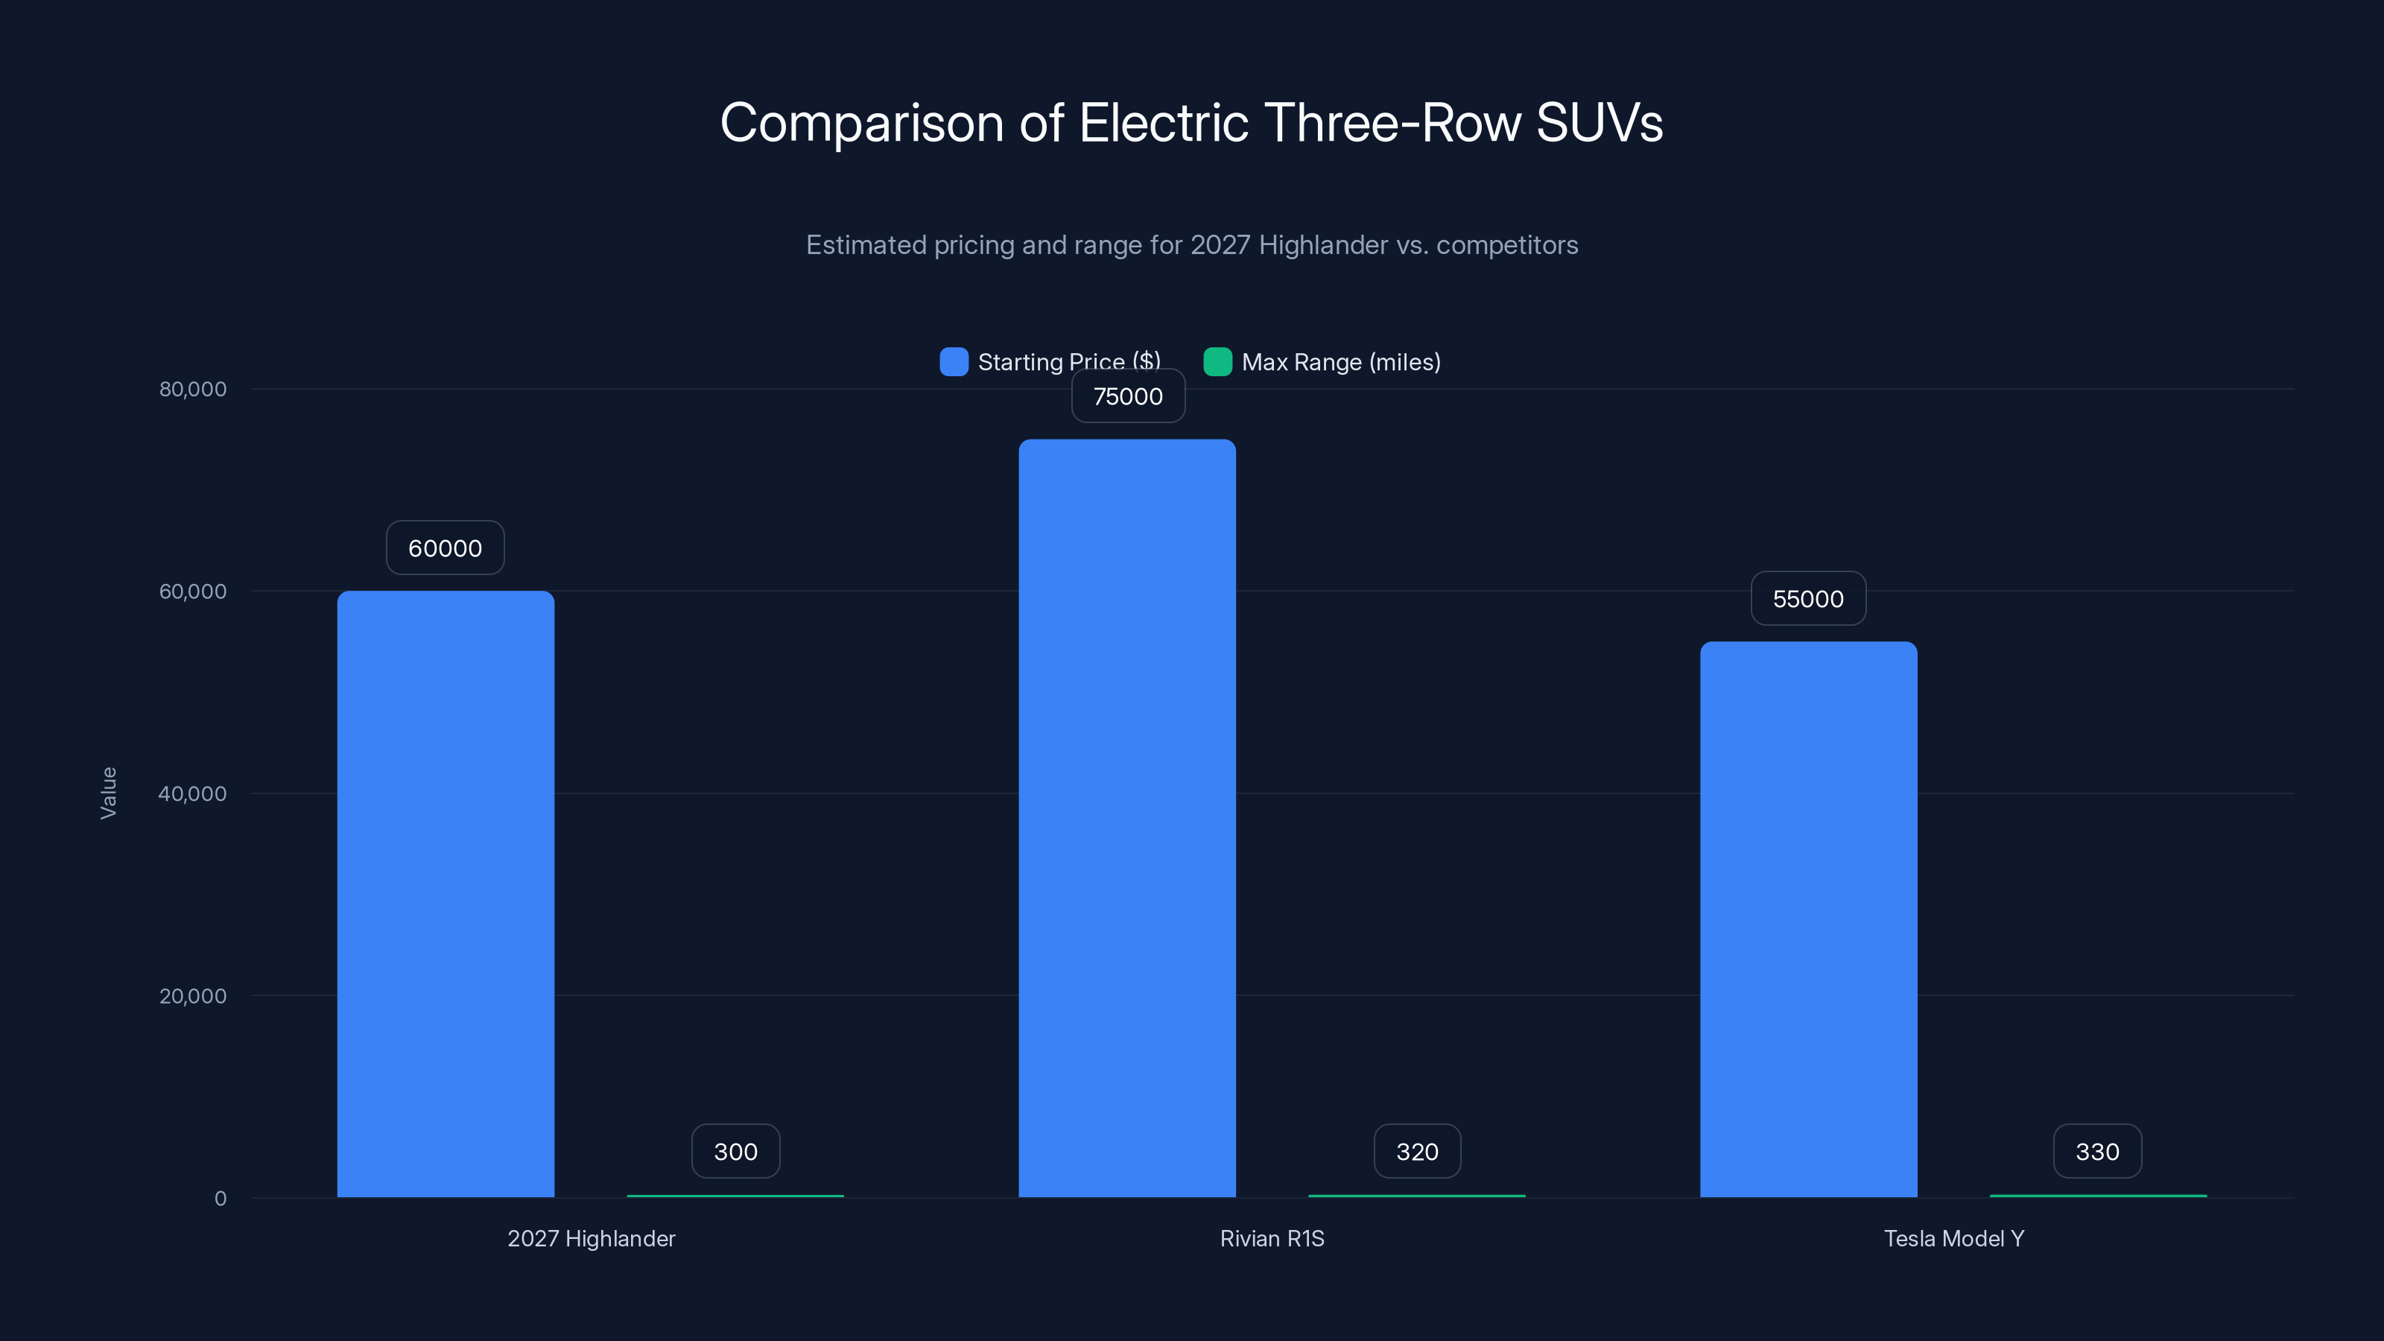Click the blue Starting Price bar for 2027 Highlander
tap(446, 893)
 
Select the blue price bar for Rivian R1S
tap(1126, 818)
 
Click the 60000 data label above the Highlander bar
tap(446, 548)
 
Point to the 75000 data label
tap(1127, 396)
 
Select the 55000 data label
tap(1807, 599)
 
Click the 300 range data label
tap(736, 1151)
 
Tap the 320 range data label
tap(1417, 1151)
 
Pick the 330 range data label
tap(2097, 1151)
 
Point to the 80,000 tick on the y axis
tap(192, 389)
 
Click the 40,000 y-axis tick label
tap(192, 793)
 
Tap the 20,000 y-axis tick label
tap(192, 996)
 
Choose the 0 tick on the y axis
tap(221, 1199)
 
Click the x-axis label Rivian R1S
tap(1272, 1238)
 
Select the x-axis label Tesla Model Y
tap(1953, 1238)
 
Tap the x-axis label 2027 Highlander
tap(591, 1238)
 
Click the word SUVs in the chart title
tap(1600, 123)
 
